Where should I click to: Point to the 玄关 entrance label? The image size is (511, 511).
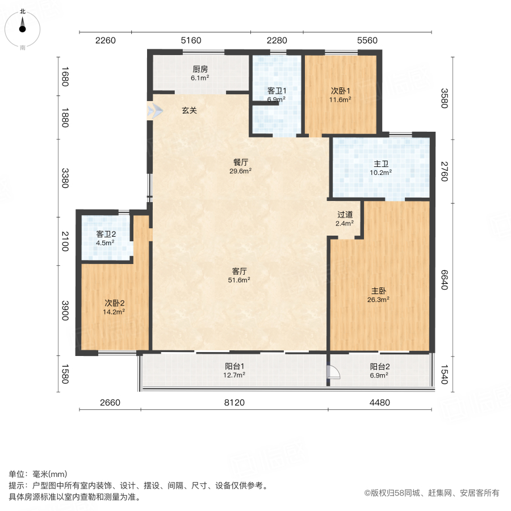[189, 111]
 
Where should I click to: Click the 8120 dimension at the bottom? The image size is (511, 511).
[234, 403]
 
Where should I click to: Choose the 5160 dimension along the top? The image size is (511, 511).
[191, 40]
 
